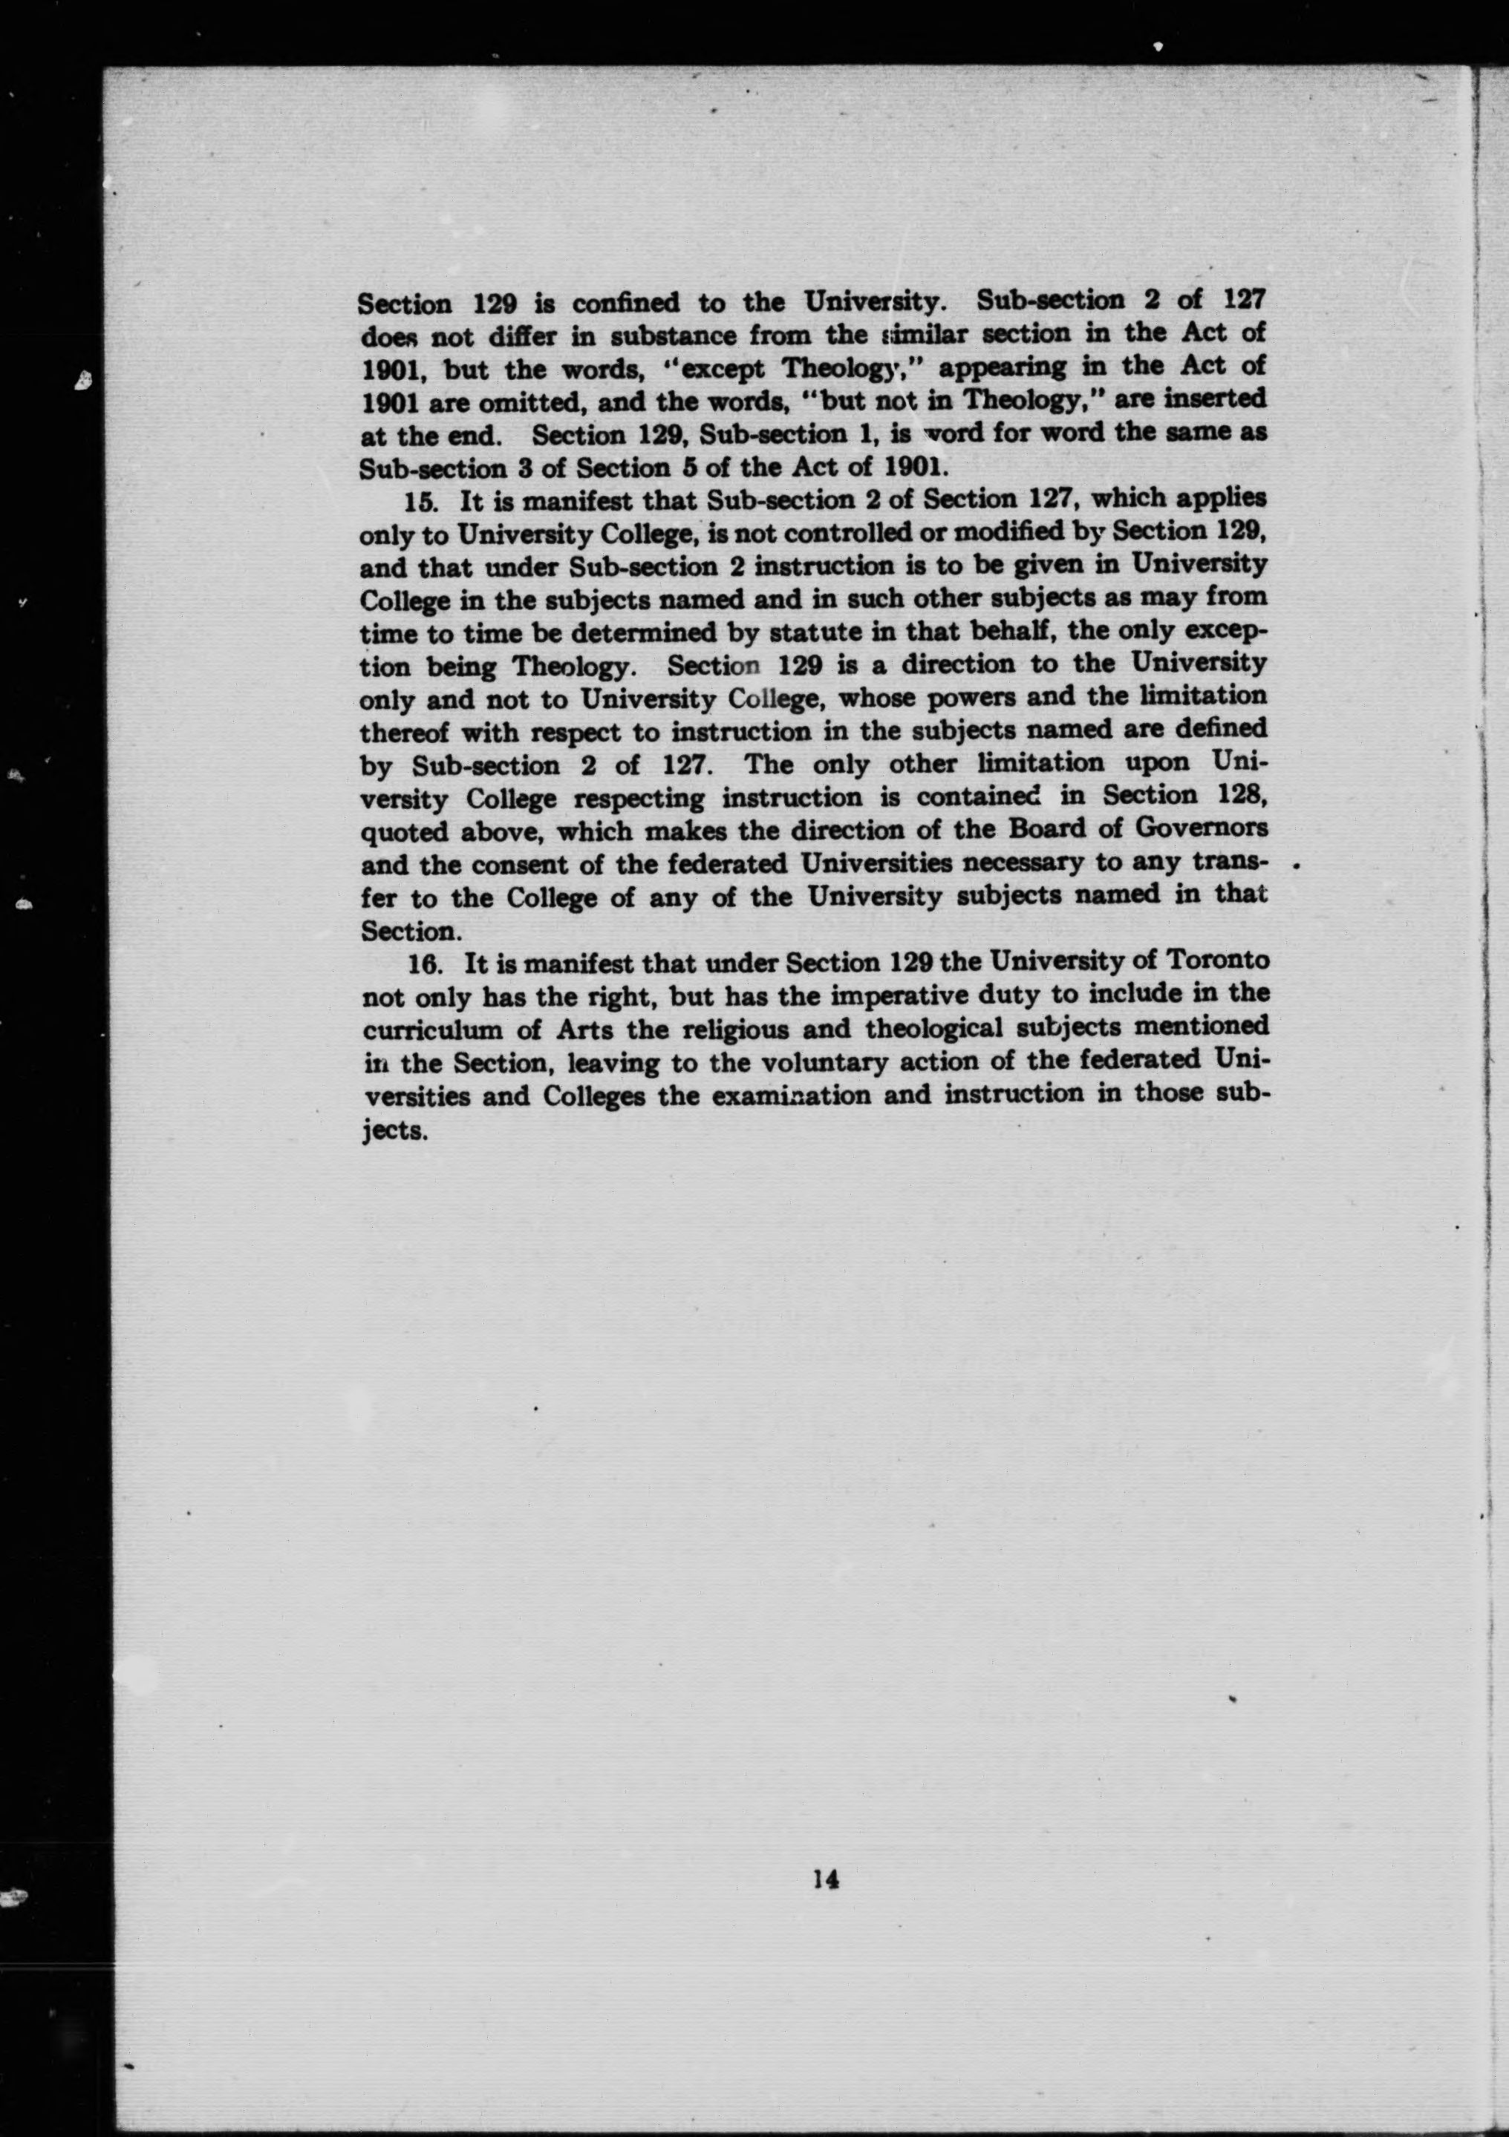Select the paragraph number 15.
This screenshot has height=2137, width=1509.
click(x=421, y=501)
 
